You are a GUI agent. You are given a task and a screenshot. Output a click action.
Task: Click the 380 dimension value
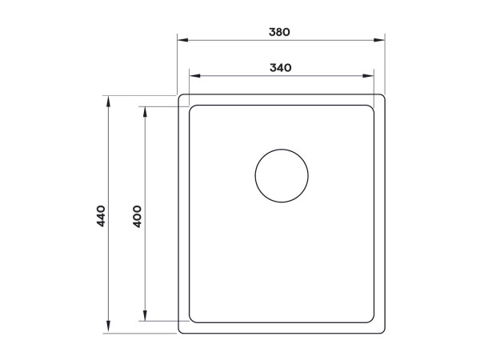point(279,33)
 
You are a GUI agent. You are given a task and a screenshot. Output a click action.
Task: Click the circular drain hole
point(282,175)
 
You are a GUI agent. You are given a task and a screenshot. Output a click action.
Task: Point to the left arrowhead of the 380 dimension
point(180,39)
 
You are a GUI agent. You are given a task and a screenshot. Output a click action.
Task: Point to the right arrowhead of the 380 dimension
point(382,39)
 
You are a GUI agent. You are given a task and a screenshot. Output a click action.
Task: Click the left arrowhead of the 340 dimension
point(192,76)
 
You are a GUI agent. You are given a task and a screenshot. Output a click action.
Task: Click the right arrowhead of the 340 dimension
point(370,76)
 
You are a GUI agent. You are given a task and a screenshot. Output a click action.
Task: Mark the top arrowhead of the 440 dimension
point(107,98)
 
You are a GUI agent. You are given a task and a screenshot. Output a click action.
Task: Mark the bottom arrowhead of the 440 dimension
point(107,330)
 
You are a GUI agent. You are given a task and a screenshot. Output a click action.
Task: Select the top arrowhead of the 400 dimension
point(145,110)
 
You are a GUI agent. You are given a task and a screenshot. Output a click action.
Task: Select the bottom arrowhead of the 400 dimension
point(145,318)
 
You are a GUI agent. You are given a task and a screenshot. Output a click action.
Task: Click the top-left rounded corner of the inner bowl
point(191,108)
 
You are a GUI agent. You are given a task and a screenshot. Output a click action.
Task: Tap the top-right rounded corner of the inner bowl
point(371,108)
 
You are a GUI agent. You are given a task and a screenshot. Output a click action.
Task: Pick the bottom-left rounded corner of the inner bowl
point(191,320)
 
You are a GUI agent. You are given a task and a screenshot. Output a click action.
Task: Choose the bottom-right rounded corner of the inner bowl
point(371,320)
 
